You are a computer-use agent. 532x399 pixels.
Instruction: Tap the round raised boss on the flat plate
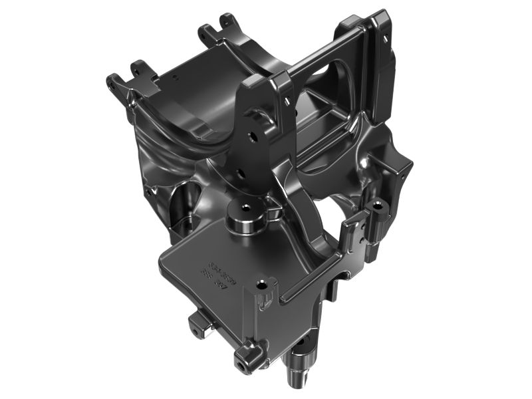245,217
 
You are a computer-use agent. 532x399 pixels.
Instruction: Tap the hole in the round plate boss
245,207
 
